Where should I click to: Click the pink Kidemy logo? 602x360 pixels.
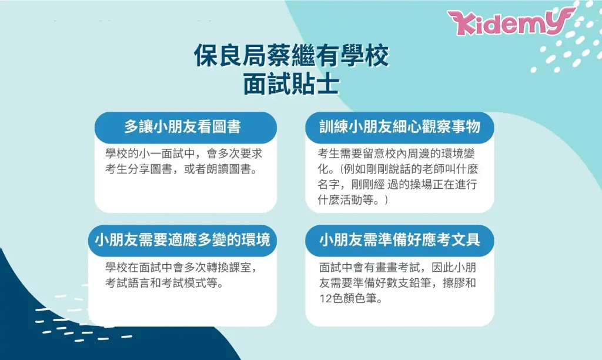point(511,22)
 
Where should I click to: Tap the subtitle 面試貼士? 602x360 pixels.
point(292,84)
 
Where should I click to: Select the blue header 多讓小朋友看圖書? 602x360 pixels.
point(183,127)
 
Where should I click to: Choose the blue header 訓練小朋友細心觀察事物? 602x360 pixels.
point(400,127)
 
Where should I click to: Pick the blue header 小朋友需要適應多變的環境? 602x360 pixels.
point(183,240)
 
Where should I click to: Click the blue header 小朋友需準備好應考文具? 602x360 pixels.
point(400,240)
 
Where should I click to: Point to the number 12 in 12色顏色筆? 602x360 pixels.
point(325,298)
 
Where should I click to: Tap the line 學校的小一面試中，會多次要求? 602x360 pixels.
point(184,154)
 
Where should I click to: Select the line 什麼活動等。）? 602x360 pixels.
point(353,200)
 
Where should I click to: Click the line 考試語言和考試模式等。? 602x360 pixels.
point(165,283)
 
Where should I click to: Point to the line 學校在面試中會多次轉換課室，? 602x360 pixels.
point(181,268)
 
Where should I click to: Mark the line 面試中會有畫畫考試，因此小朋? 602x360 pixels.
point(398,268)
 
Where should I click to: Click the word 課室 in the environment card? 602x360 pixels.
point(240,268)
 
